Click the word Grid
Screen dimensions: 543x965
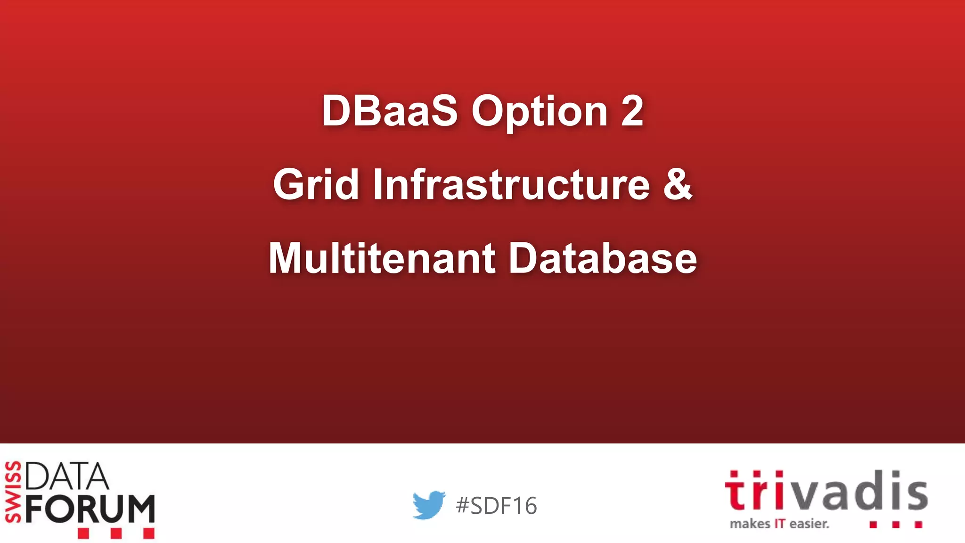coord(316,184)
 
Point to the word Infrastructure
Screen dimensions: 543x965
coord(512,184)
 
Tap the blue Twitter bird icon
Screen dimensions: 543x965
coord(428,505)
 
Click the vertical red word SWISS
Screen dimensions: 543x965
coord(13,492)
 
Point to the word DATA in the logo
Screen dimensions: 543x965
coord(67,477)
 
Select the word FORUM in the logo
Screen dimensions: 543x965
coord(90,509)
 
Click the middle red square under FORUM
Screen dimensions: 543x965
coord(116,534)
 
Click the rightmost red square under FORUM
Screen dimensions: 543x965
coord(148,534)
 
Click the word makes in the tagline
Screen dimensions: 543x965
coord(750,524)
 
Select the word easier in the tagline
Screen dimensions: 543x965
coord(809,524)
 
